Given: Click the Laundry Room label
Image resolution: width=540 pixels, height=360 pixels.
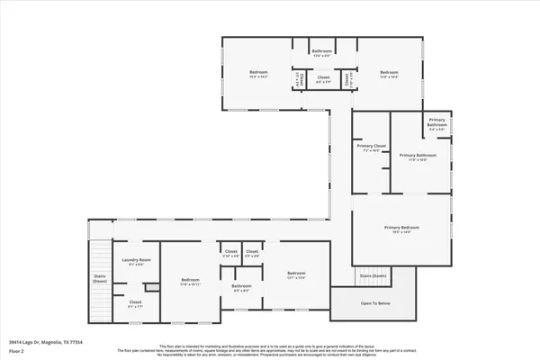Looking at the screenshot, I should pyautogui.click(x=137, y=260).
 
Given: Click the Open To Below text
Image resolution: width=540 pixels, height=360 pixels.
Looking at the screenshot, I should pyautogui.click(x=375, y=303).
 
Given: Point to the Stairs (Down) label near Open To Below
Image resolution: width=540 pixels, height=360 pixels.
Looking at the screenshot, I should pyautogui.click(x=373, y=275).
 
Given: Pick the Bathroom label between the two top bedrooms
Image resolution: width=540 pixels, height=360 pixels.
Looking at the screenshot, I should pyautogui.click(x=323, y=51).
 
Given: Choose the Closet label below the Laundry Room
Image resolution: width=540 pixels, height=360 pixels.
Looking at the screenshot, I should pyautogui.click(x=135, y=302).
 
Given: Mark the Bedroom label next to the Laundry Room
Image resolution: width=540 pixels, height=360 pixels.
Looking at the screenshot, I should pyautogui.click(x=189, y=279).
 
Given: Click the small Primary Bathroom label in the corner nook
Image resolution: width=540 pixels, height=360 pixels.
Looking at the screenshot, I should pyautogui.click(x=437, y=121).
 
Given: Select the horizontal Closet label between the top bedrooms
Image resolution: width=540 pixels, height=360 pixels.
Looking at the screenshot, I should pyautogui.click(x=323, y=77).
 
